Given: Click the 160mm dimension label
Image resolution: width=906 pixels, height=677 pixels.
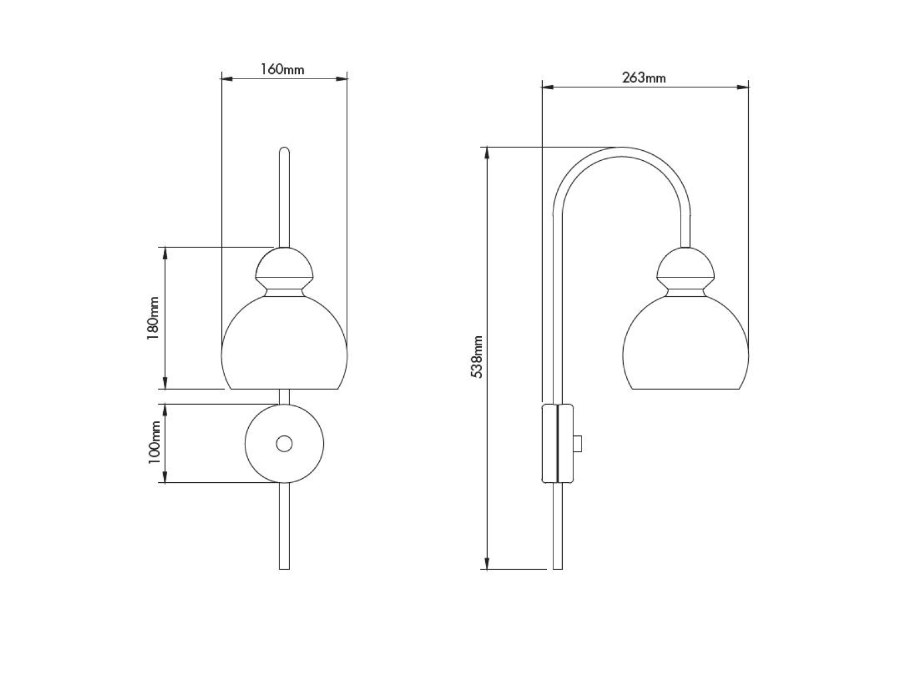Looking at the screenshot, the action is (x=282, y=69).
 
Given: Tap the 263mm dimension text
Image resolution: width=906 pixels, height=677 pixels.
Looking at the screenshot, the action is (x=644, y=77).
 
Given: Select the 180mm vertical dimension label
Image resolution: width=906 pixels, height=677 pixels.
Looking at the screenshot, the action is (x=153, y=318).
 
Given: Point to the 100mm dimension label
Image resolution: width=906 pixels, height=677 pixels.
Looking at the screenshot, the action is (x=154, y=442).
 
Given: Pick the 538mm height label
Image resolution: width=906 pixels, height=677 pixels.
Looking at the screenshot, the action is (x=476, y=357).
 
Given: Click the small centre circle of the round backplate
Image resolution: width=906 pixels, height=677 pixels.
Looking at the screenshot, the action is (x=285, y=444).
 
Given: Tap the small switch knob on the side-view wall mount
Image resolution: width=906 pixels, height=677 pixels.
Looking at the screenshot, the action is (x=578, y=444).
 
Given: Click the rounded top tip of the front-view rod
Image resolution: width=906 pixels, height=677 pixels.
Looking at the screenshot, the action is (x=285, y=148).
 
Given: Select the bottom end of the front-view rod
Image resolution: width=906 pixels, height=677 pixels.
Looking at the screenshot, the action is (x=285, y=569).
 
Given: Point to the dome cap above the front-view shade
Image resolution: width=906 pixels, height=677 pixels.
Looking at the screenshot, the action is (x=284, y=262).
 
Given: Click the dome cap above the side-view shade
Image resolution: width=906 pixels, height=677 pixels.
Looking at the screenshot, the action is (x=685, y=262).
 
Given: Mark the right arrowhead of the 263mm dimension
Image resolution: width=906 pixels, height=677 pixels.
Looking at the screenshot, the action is (x=743, y=87).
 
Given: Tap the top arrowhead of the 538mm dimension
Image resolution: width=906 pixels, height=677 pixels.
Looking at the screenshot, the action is (x=487, y=153).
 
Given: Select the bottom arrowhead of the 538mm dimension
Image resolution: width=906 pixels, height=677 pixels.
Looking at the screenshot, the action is (x=487, y=564).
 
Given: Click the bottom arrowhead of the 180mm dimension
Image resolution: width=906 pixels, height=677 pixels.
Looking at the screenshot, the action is (x=165, y=383).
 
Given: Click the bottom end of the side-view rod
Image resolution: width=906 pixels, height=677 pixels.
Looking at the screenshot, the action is (x=557, y=569).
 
